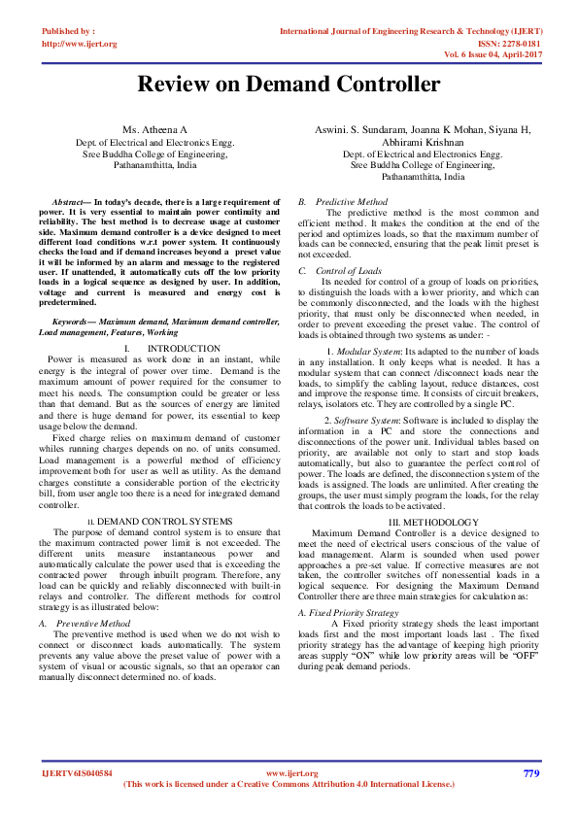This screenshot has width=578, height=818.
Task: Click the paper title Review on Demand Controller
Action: click(x=289, y=84)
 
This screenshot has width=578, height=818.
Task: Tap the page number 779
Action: click(x=530, y=773)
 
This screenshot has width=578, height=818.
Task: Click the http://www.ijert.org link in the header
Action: click(x=79, y=44)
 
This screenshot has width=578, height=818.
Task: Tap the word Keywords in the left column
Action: click(x=73, y=321)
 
